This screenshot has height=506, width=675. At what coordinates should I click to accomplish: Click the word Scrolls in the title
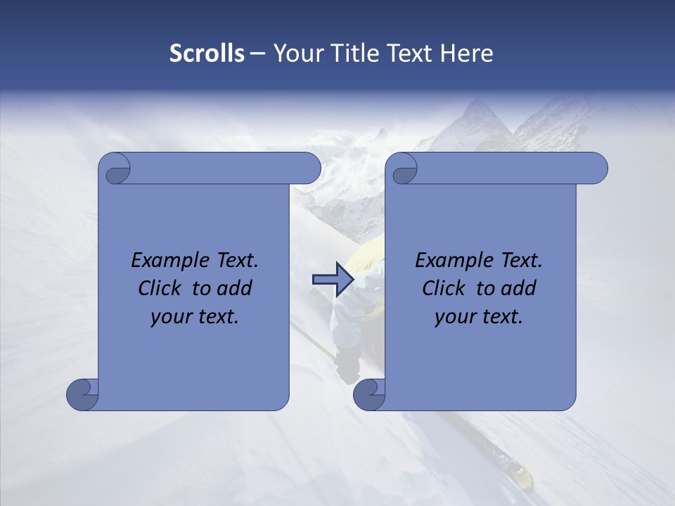pos(207,53)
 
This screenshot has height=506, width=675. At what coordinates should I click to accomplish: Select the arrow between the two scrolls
pos(333,280)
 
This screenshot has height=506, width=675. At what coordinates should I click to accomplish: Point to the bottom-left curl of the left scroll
pos(82,394)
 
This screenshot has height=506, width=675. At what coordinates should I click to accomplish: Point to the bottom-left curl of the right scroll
pos(369,394)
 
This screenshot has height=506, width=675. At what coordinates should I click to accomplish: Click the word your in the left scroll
pos(171,317)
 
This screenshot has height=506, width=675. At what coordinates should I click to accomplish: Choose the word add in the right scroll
pos(519,288)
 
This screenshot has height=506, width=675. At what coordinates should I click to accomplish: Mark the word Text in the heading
pos(407,53)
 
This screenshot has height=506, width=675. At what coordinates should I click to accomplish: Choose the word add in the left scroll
pos(235,288)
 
